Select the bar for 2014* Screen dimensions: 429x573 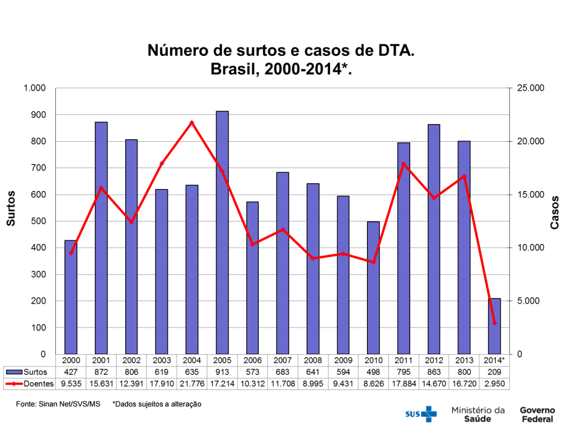(495, 326)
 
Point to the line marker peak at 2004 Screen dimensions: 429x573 (191, 123)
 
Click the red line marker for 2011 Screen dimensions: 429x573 (403, 164)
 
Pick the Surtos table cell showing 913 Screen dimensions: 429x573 (222, 372)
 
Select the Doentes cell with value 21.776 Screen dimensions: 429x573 (191, 384)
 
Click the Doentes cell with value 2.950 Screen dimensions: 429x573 (495, 384)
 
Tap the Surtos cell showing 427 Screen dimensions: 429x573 (71, 372)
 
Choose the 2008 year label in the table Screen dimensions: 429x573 (313, 360)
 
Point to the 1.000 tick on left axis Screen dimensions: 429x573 (35, 88)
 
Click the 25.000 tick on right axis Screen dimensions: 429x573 (530, 88)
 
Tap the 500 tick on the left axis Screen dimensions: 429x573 (39, 221)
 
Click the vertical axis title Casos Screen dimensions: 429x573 (555, 212)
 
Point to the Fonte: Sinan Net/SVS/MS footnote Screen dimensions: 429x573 (58, 403)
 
